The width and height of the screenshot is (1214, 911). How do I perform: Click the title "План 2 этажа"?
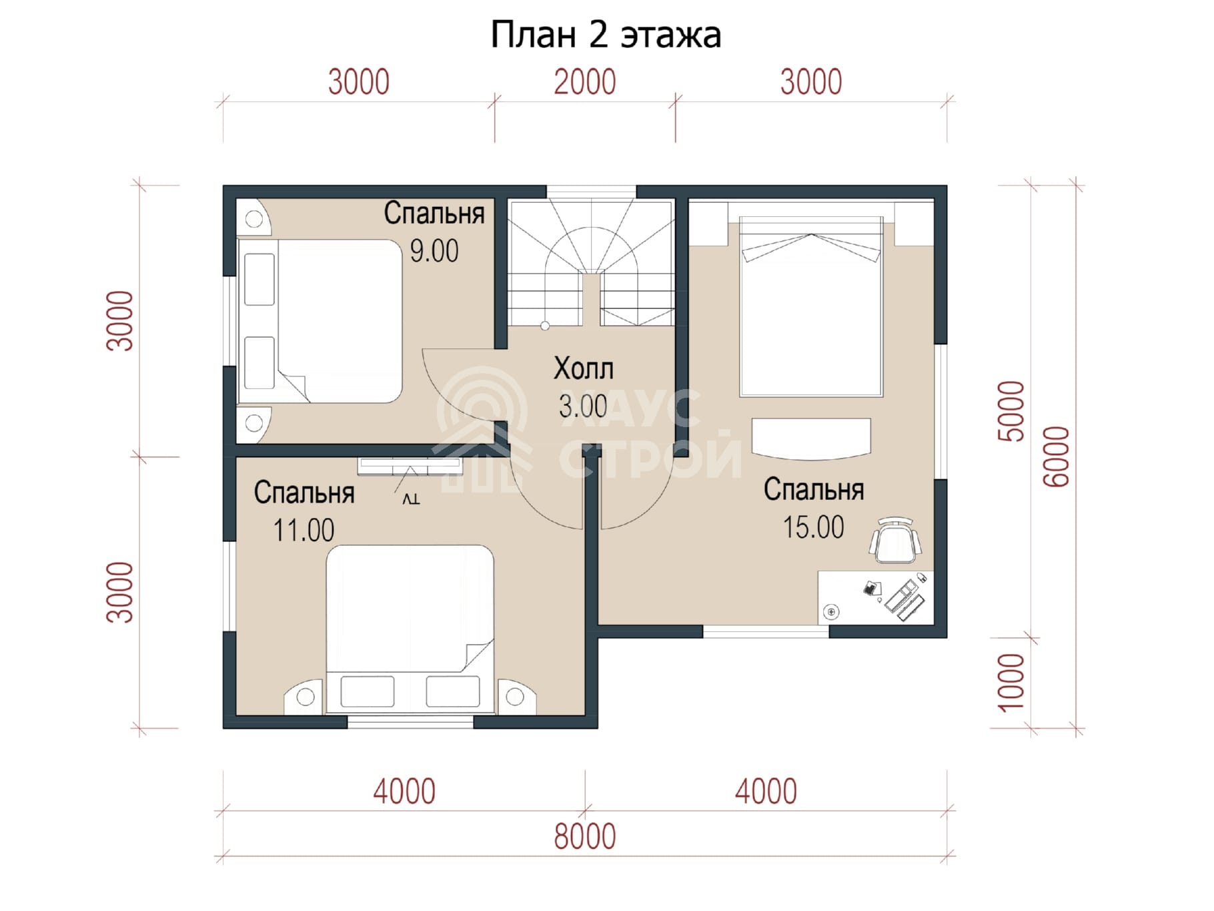pyautogui.click(x=606, y=35)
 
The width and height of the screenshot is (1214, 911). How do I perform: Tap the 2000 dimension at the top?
pyautogui.click(x=584, y=82)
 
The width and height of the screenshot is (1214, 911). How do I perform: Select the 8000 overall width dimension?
pyautogui.click(x=585, y=836)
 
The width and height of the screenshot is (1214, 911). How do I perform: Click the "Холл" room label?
pyautogui.click(x=584, y=368)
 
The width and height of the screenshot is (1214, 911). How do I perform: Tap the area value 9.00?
pyautogui.click(x=434, y=251)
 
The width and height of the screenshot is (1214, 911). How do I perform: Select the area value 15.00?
pyautogui.click(x=813, y=527)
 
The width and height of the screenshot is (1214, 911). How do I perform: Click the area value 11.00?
pyautogui.click(x=303, y=531)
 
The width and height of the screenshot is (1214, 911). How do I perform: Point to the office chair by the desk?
pyautogui.click(x=895, y=539)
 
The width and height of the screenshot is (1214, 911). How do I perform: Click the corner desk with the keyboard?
pyautogui.click(x=876, y=597)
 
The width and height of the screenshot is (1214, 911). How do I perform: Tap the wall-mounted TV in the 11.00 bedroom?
pyautogui.click(x=410, y=467)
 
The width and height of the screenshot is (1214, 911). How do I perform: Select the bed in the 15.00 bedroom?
pyautogui.click(x=810, y=306)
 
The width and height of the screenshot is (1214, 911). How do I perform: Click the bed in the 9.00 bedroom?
pyautogui.click(x=320, y=321)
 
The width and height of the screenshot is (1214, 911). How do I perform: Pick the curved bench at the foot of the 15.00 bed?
pyautogui.click(x=811, y=438)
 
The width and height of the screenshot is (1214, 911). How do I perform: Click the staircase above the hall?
pyautogui.click(x=590, y=262)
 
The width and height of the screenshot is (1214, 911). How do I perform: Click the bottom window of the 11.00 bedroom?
pyautogui.click(x=410, y=721)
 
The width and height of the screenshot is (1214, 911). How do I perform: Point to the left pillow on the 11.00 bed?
pyautogui.click(x=367, y=691)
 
